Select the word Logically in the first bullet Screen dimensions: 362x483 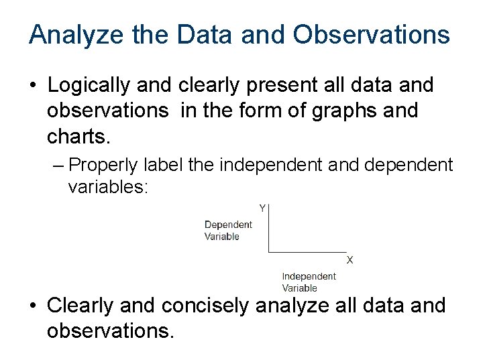[90, 86]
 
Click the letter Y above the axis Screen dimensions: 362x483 [262, 208]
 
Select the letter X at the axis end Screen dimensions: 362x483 [350, 260]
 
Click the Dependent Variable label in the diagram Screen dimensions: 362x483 [228, 231]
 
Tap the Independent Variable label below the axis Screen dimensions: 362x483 [309, 282]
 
